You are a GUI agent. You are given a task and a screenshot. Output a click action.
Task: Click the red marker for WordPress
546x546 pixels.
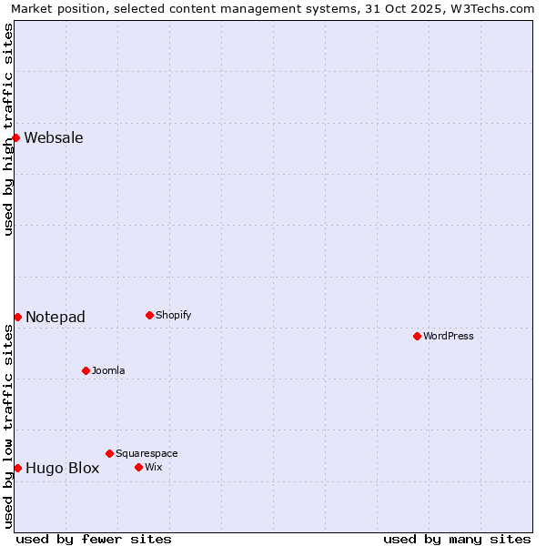tap(417, 336)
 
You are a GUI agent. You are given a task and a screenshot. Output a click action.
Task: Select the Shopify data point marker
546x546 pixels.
tap(149, 315)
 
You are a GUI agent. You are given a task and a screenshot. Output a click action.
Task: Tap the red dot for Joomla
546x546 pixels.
tap(86, 370)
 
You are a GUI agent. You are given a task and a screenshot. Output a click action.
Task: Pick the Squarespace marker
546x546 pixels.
tap(109, 453)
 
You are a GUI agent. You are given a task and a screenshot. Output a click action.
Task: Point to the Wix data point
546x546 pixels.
tap(138, 467)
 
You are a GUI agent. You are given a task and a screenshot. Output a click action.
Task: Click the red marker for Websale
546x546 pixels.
tap(16, 137)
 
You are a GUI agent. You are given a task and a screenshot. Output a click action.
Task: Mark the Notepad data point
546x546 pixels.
tap(17, 317)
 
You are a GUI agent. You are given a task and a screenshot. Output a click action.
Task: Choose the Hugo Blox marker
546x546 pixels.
tap(17, 468)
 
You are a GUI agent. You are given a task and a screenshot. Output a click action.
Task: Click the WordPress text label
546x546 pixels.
tap(449, 336)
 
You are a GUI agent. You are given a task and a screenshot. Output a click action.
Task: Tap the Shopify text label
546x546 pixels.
tap(173, 315)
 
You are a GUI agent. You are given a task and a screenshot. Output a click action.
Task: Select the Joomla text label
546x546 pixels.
tap(108, 370)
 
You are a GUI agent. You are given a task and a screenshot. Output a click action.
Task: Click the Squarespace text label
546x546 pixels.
tap(147, 453)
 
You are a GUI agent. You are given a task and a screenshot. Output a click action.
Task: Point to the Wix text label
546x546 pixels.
tap(154, 467)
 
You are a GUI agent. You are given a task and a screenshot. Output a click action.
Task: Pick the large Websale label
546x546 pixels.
tap(54, 137)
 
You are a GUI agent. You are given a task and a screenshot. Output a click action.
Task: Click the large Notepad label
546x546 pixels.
tap(56, 317)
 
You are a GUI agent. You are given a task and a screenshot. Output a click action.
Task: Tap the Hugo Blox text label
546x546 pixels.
tap(62, 468)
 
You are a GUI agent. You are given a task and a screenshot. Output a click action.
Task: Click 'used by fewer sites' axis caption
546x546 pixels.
tap(94, 539)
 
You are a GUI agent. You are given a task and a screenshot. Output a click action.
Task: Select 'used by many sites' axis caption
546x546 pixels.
tap(457, 539)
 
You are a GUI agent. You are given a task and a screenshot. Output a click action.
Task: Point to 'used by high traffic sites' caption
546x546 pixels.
tap(9, 129)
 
